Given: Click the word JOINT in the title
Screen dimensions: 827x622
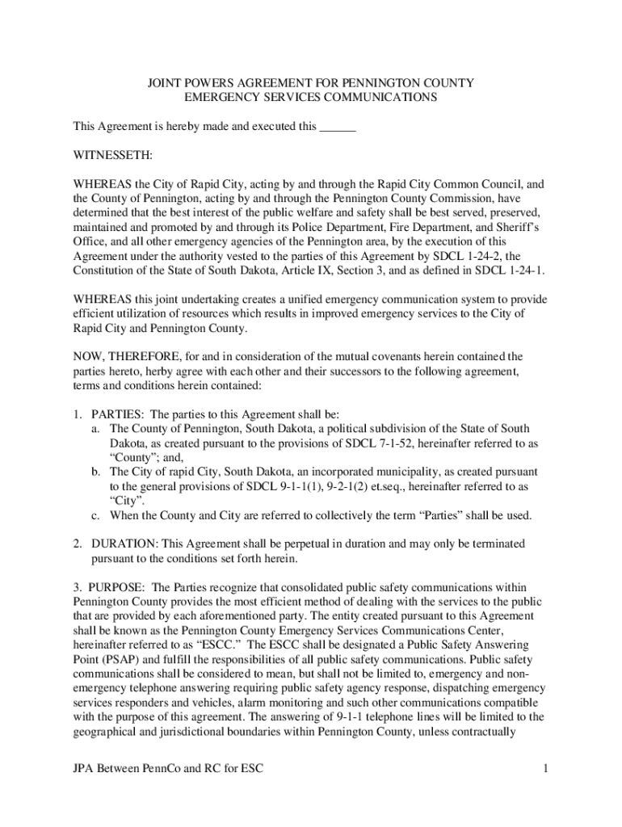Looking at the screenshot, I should (x=164, y=82).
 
